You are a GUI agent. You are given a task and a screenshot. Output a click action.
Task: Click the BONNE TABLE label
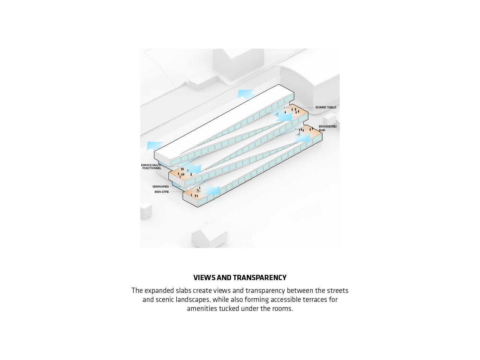[325, 107]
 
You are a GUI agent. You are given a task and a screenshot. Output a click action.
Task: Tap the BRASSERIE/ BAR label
[328, 128]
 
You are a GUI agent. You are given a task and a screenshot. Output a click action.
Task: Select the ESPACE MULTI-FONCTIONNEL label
[151, 166]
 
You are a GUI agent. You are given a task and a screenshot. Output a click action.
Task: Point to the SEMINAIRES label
[160, 186]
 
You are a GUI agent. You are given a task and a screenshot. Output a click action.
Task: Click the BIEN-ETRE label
[162, 192]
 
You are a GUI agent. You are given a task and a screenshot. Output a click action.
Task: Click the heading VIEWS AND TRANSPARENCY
[240, 277]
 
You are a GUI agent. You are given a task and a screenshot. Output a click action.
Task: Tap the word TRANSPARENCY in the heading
[259, 277]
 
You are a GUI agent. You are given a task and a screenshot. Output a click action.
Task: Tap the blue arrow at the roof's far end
[246, 94]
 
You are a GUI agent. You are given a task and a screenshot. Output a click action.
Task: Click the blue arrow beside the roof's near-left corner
[154, 145]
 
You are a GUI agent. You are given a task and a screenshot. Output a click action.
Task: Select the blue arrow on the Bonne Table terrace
[282, 116]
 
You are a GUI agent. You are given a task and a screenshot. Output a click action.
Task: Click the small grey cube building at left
[146, 211]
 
